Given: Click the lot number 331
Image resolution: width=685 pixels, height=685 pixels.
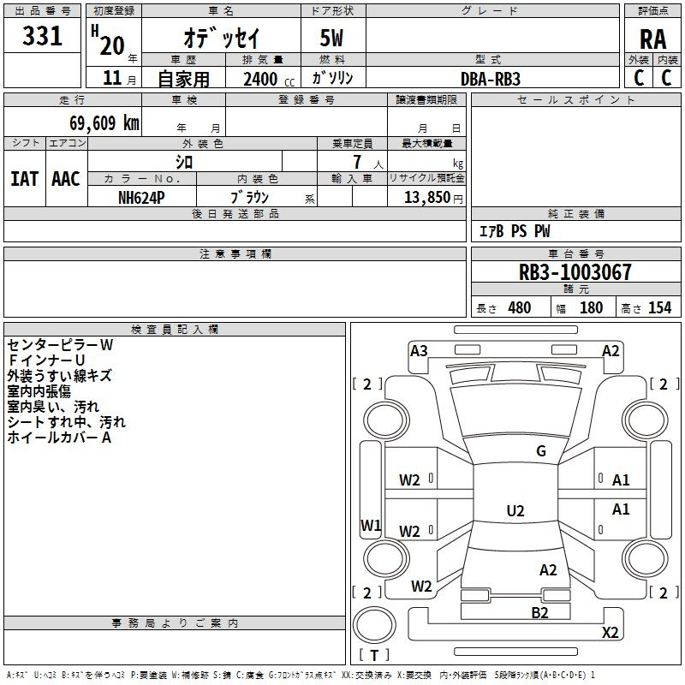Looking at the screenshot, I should pos(43,37).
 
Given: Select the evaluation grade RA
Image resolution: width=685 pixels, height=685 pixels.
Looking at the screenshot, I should pos(652,39).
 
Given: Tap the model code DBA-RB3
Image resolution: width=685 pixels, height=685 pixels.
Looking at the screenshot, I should pos(491,78).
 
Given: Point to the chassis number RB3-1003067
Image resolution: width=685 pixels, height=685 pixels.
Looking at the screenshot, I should pos(575,272).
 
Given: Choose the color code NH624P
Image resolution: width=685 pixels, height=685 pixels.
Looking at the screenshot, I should pos(141,196).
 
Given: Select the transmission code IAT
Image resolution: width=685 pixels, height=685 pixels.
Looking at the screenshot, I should pos(24,179).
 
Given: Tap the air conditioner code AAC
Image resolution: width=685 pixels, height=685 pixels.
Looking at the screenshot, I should pos(66,179).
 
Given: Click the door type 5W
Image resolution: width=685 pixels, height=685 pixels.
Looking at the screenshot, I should pos(333,39).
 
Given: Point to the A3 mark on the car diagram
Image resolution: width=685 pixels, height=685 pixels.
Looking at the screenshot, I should pos(419,350).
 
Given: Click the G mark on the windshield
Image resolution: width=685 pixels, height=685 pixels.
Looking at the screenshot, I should pos(540,451).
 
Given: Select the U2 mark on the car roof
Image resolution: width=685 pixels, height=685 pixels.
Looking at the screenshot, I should pos(515,511).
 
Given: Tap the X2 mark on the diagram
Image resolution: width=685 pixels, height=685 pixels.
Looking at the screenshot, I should pos(610,632).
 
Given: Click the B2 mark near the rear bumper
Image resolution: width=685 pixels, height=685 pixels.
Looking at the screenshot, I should pos(539,612).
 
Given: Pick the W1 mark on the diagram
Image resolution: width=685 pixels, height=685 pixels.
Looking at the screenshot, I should pos(370,525).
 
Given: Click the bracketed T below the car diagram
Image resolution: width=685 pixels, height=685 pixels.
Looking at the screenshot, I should pos(373,655).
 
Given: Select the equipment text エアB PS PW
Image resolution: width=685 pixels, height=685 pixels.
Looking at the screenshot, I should pos(514,231).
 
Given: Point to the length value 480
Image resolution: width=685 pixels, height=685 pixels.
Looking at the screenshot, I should pos(519,308).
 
